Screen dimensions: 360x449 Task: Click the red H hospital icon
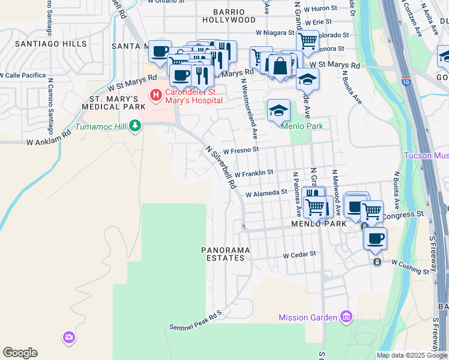tap(156, 94)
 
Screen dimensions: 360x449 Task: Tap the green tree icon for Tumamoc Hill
tap(136, 125)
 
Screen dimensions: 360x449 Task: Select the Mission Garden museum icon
tap(346, 316)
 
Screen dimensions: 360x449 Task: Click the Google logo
tap(20, 352)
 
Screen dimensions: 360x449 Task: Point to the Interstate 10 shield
tap(408, 81)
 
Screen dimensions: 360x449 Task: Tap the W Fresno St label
tap(240, 150)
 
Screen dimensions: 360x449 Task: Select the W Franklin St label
tap(254, 172)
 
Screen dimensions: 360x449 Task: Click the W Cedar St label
tap(300, 254)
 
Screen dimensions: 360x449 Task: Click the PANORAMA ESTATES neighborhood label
tap(223, 253)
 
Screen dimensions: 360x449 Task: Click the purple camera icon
tap(68, 337)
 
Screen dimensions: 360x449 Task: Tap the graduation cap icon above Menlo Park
tap(279, 111)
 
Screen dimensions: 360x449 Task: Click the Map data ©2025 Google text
tap(412, 355)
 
